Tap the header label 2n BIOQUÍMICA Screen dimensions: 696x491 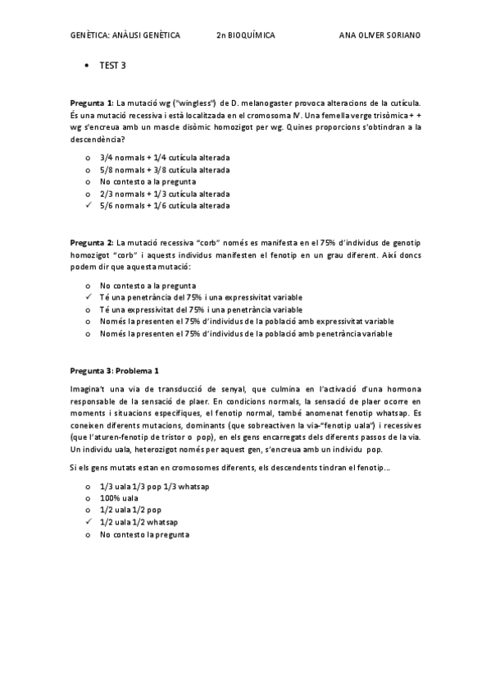(x=245, y=36)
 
